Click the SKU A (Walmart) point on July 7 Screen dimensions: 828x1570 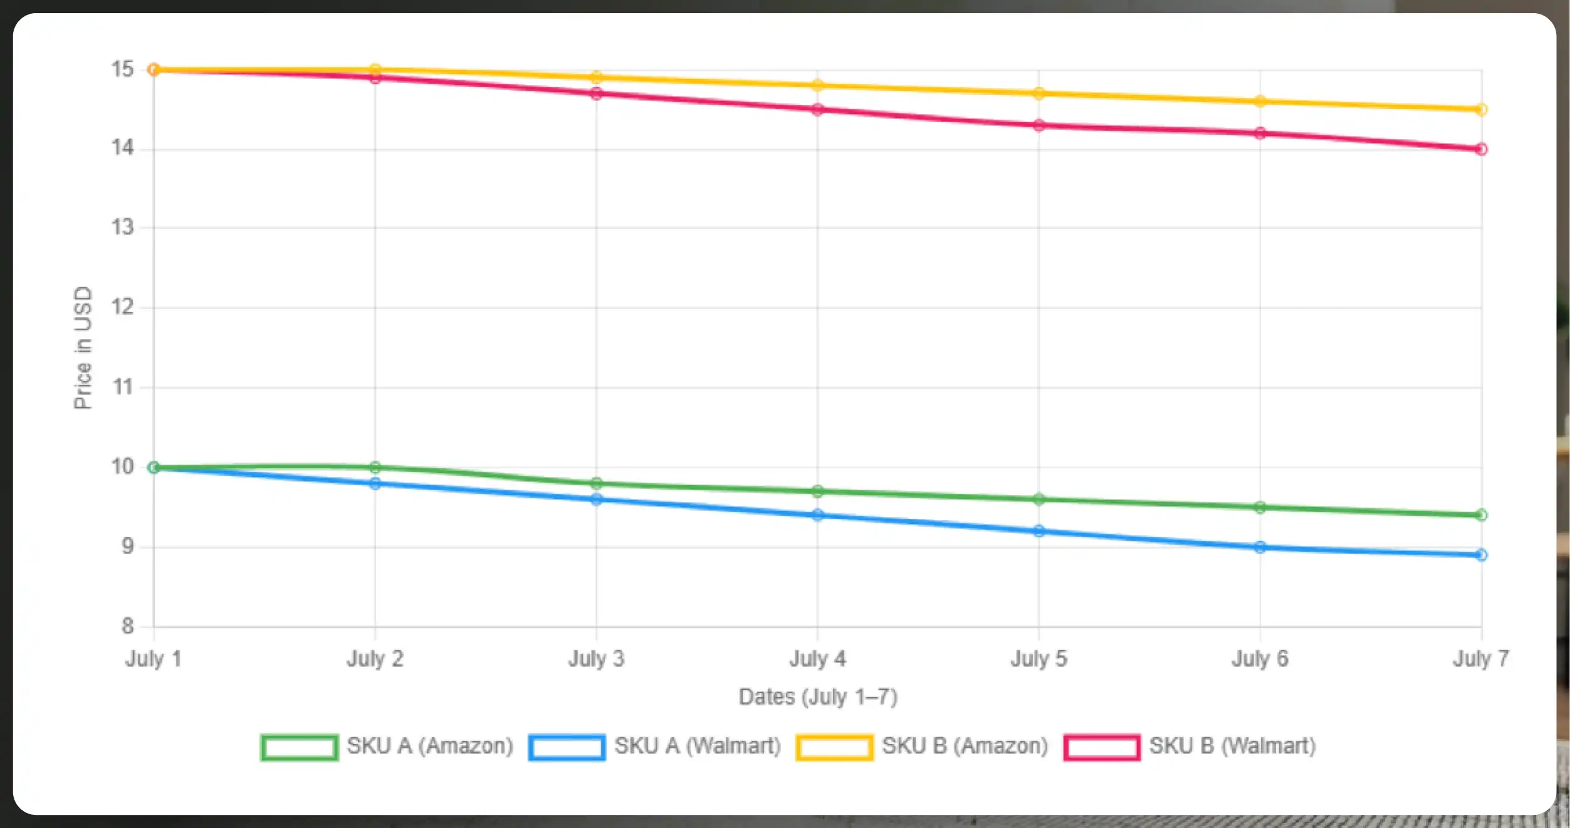(x=1481, y=555)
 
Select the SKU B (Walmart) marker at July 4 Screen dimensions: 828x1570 (x=817, y=110)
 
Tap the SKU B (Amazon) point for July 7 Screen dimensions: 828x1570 (x=1481, y=110)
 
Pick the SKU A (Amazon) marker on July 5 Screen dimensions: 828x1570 (x=1039, y=500)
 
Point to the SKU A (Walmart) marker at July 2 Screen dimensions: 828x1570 (x=375, y=484)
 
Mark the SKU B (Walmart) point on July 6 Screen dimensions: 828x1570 (x=1260, y=134)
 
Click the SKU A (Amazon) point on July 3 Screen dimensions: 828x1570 (x=596, y=483)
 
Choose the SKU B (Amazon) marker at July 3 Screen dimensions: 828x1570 (x=596, y=78)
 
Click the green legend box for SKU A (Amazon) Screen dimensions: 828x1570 (x=300, y=747)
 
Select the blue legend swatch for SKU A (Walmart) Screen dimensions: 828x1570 (x=567, y=747)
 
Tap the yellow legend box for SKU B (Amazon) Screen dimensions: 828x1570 (x=834, y=747)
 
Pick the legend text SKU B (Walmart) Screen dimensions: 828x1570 (x=1232, y=746)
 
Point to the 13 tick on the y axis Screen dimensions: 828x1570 (x=123, y=228)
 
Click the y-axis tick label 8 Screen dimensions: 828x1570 (x=128, y=626)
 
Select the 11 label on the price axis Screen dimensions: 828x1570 (x=123, y=387)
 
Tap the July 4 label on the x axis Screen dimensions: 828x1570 (x=817, y=659)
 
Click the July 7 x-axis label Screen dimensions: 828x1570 (x=1481, y=659)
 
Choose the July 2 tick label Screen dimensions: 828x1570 (x=375, y=659)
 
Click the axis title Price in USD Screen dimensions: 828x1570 (x=83, y=348)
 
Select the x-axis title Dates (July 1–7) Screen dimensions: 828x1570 (x=818, y=697)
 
